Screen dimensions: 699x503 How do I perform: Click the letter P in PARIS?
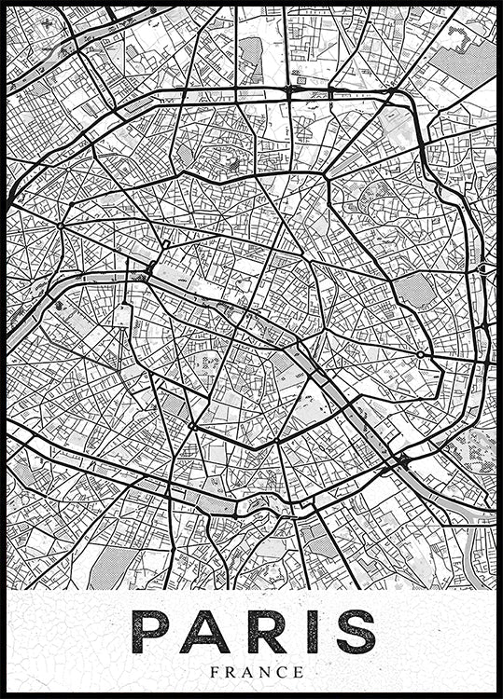coord(153,632)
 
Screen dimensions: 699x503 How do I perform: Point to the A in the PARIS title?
coord(205,632)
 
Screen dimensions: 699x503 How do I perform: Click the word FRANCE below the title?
coord(257,672)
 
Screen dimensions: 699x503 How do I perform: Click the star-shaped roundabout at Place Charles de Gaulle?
coord(60,225)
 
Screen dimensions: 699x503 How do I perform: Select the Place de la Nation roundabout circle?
coord(421,354)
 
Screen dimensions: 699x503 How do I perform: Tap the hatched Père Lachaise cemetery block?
coord(417,292)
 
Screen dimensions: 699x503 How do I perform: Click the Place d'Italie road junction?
coord(276,441)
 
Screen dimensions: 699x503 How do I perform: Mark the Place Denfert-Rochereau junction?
coord(192,426)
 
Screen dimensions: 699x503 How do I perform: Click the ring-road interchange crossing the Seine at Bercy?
coord(403,460)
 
